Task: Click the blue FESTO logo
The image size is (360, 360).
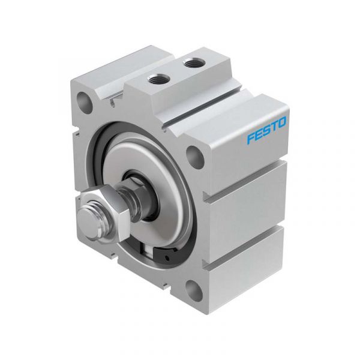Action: tap(266, 130)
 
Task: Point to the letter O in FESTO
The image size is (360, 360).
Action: tap(282, 122)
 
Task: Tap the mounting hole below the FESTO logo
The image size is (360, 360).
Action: tap(195, 156)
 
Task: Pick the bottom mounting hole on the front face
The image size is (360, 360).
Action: tap(194, 289)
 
